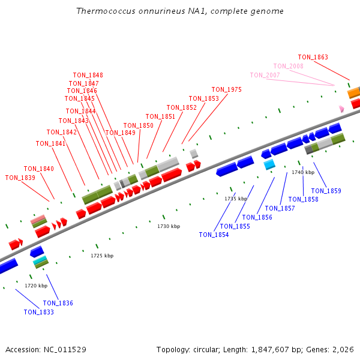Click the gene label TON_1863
313,58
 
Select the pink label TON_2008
288,66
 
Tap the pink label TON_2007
265,75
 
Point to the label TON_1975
226,89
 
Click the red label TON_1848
88,75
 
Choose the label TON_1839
20,178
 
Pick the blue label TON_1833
38,312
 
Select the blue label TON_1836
58,303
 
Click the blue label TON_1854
214,235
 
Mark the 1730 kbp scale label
169,226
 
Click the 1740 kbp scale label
303,172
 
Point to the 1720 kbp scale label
36,286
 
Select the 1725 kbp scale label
102,256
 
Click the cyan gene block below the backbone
269,164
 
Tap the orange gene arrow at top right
353,92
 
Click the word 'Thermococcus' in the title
101,11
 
